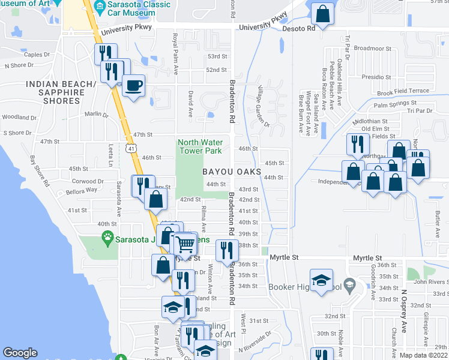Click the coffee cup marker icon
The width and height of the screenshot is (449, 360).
pos(133,84)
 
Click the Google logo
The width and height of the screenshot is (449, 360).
pos(20,353)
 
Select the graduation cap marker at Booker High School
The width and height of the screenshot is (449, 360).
pos(321,281)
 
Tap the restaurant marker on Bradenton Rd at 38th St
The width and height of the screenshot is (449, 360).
pos(226,250)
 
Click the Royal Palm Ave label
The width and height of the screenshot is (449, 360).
pos(175,54)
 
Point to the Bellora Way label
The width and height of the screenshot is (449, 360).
pos(82,190)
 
